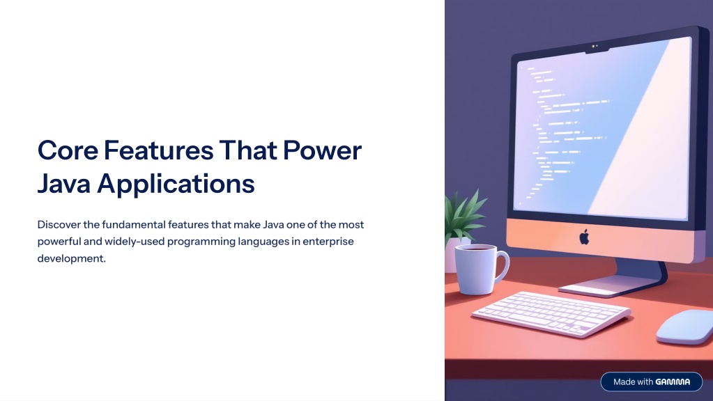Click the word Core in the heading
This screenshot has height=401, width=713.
pyautogui.click(x=68, y=150)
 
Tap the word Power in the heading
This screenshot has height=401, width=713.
pyautogui.click(x=323, y=150)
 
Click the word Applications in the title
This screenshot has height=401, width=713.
pyautogui.click(x=176, y=184)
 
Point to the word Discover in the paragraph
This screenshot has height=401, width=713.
pyautogui.click(x=59, y=225)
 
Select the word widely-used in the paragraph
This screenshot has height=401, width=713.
pyautogui.click(x=134, y=242)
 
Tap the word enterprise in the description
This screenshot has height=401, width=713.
pyautogui.click(x=328, y=242)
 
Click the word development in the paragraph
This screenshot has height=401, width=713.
pyautogui.click(x=71, y=258)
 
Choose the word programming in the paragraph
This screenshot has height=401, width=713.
pyautogui.click(x=201, y=242)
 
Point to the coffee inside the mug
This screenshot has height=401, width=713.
pyautogui.click(x=475, y=248)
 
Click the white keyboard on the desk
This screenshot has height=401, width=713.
pyautogui.click(x=551, y=313)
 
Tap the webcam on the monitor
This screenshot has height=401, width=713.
pyautogui.click(x=595, y=47)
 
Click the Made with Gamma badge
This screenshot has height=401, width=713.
pyautogui.click(x=651, y=382)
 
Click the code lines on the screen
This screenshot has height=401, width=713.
pyautogui.click(x=564, y=132)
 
